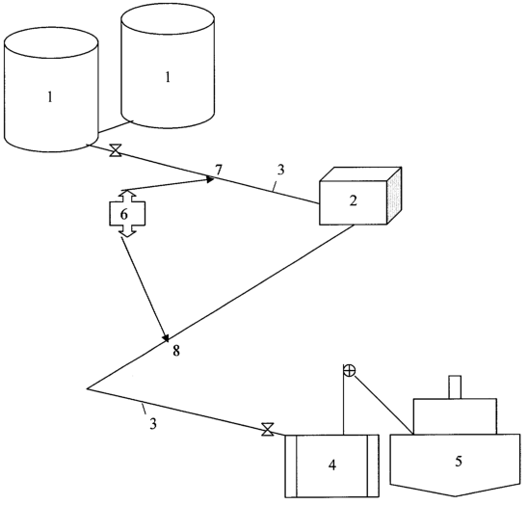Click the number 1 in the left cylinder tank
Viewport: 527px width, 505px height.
pyautogui.click(x=50, y=97)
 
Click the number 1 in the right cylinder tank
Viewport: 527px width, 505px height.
pyautogui.click(x=168, y=77)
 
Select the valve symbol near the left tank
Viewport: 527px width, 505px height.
pyautogui.click(x=116, y=150)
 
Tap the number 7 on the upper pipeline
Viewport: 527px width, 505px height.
pyautogui.click(x=219, y=171)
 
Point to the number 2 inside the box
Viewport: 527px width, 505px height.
pyautogui.click(x=354, y=200)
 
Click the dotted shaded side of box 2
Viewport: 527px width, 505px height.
pyautogui.click(x=395, y=196)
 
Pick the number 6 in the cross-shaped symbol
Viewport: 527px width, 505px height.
pyautogui.click(x=124, y=214)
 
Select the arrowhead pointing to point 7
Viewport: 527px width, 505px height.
pyautogui.click(x=211, y=179)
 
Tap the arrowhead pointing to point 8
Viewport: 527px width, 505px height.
pyautogui.click(x=166, y=338)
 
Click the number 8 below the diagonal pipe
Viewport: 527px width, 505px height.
pyautogui.click(x=176, y=351)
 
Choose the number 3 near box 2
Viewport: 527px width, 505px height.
pyautogui.click(x=280, y=171)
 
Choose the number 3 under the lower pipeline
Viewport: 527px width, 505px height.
pyautogui.click(x=153, y=424)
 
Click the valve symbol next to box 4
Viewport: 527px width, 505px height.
pyautogui.click(x=268, y=430)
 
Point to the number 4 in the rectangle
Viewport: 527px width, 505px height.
pyautogui.click(x=332, y=465)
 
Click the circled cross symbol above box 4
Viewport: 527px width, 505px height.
pyautogui.click(x=350, y=371)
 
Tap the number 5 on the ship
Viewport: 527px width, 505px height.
pyautogui.click(x=459, y=461)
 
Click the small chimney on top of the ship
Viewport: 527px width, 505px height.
pyautogui.click(x=455, y=387)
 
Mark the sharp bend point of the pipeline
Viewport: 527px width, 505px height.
pyautogui.click(x=88, y=388)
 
